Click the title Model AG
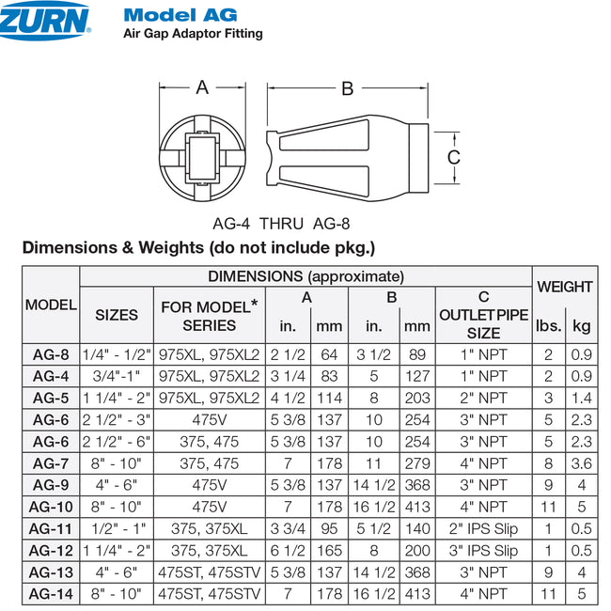pyautogui.click(x=180, y=15)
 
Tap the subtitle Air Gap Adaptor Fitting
pyautogui.click(x=193, y=34)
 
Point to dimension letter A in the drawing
pyautogui.click(x=202, y=87)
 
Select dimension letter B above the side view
pyautogui.click(x=347, y=88)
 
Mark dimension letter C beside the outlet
pyautogui.click(x=453, y=157)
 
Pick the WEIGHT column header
pyautogui.click(x=564, y=287)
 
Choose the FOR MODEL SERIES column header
pyautogui.click(x=210, y=316)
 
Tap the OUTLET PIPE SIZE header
pyautogui.click(x=484, y=316)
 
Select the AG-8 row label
pyautogui.click(x=51, y=354)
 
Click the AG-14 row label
pyautogui.click(x=51, y=593)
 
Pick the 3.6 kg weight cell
pyautogui.click(x=582, y=462)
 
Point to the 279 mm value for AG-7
pyautogui.click(x=416, y=462)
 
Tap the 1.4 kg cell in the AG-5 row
pyautogui.click(x=582, y=398)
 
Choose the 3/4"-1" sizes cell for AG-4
pyautogui.click(x=117, y=376)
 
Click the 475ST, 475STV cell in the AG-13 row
pyautogui.click(x=209, y=572)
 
